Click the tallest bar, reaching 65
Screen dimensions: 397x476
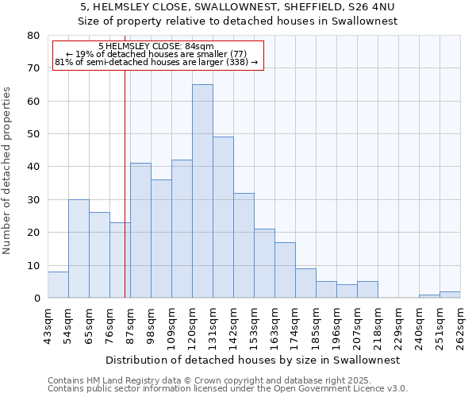pyautogui.click(x=202, y=191)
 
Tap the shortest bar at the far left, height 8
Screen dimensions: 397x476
pyautogui.click(x=58, y=284)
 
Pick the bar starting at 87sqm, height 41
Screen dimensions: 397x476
pyautogui.click(x=140, y=230)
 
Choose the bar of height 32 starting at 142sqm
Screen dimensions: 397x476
pyautogui.click(x=244, y=245)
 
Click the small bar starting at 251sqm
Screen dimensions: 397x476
pyautogui.click(x=450, y=295)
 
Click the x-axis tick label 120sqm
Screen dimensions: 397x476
pyautogui.click(x=193, y=323)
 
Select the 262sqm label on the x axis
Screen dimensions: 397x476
pyautogui.click(x=461, y=323)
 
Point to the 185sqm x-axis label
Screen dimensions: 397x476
pyautogui.click(x=317, y=323)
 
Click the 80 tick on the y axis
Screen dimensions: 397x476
pyautogui.click(x=33, y=36)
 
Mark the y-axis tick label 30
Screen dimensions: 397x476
pyautogui.click(x=33, y=200)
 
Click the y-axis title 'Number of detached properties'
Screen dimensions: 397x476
pyautogui.click(x=8, y=171)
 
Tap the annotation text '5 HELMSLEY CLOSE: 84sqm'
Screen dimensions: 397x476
pyautogui.click(x=157, y=47)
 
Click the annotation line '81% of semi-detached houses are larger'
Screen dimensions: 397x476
pyautogui.click(x=157, y=62)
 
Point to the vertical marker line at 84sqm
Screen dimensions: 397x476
pyautogui.click(x=125, y=183)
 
